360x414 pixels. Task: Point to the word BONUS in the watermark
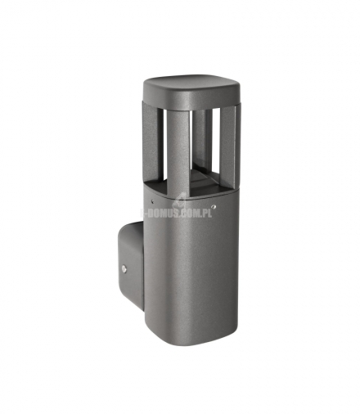click(168, 213)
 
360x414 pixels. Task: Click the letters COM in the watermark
click(196, 213)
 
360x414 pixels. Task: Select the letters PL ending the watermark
click(211, 213)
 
